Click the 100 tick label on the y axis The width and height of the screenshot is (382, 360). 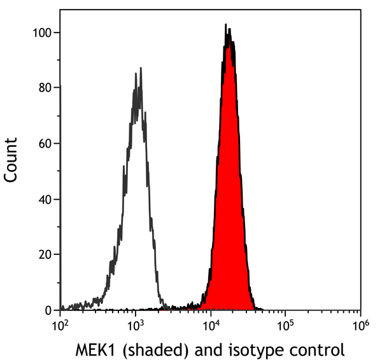click(43, 32)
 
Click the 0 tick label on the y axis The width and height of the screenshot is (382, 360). click(49, 310)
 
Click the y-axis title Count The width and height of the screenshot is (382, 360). click(11, 160)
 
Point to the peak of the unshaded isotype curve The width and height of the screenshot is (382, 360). click(136, 74)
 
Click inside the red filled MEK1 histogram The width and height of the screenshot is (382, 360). click(228, 191)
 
